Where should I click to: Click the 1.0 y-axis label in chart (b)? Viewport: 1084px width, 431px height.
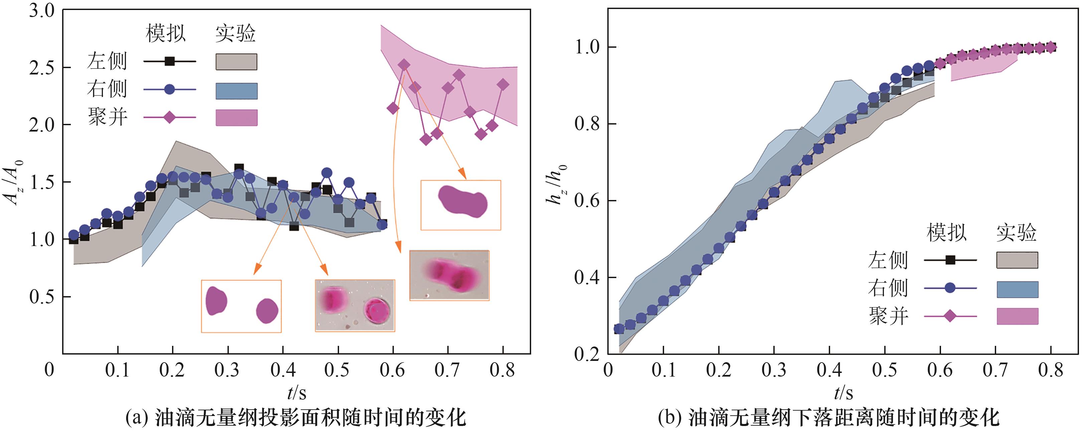pos(588,47)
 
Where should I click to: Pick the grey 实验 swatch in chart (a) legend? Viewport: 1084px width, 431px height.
pos(236,62)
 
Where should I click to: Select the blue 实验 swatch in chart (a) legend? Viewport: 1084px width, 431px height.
pos(236,91)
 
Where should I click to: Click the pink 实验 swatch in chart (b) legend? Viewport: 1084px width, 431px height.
pos(1018,316)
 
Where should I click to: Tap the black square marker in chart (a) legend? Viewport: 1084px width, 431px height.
pos(170,61)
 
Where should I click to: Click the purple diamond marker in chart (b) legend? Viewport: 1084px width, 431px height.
pos(950,316)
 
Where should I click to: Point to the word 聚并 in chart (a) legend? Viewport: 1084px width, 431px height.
pos(108,117)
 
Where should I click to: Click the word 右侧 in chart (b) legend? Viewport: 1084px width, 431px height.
pos(888,288)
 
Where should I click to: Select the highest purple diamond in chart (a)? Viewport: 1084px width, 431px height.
pos(404,65)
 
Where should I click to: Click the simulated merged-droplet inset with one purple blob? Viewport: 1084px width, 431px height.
pos(461,205)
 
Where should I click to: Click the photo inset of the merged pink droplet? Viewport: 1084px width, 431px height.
pos(449,275)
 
